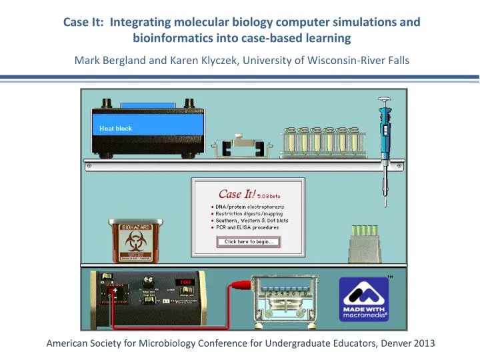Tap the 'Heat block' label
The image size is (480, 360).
pos(116,128)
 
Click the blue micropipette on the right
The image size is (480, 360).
pos(384,133)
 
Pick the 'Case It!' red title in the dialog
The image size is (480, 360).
pos(239,194)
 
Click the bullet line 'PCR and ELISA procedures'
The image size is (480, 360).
pos(247,227)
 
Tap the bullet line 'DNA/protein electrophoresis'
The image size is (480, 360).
pos(250,207)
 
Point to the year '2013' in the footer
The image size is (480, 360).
pos(424,343)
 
